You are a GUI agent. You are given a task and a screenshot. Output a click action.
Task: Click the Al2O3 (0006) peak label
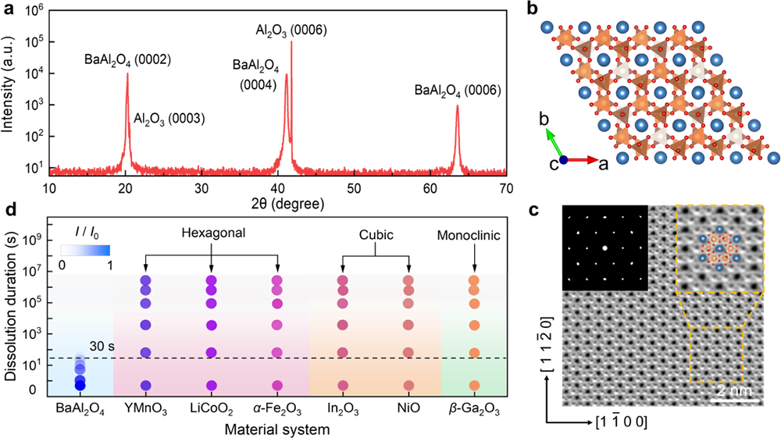pyautogui.click(x=291, y=30)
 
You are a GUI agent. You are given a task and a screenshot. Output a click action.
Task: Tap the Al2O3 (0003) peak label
pyautogui.click(x=169, y=119)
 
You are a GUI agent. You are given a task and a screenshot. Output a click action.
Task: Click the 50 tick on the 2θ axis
pyautogui.click(x=355, y=189)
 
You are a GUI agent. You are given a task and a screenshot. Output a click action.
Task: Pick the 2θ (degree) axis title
pyautogui.click(x=279, y=205)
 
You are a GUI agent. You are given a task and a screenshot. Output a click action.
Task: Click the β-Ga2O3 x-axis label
pyautogui.click(x=473, y=406)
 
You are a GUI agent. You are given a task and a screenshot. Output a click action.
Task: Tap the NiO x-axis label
pyautogui.click(x=407, y=406)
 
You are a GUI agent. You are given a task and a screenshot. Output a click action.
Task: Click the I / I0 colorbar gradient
pyautogui.click(x=85, y=251)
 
